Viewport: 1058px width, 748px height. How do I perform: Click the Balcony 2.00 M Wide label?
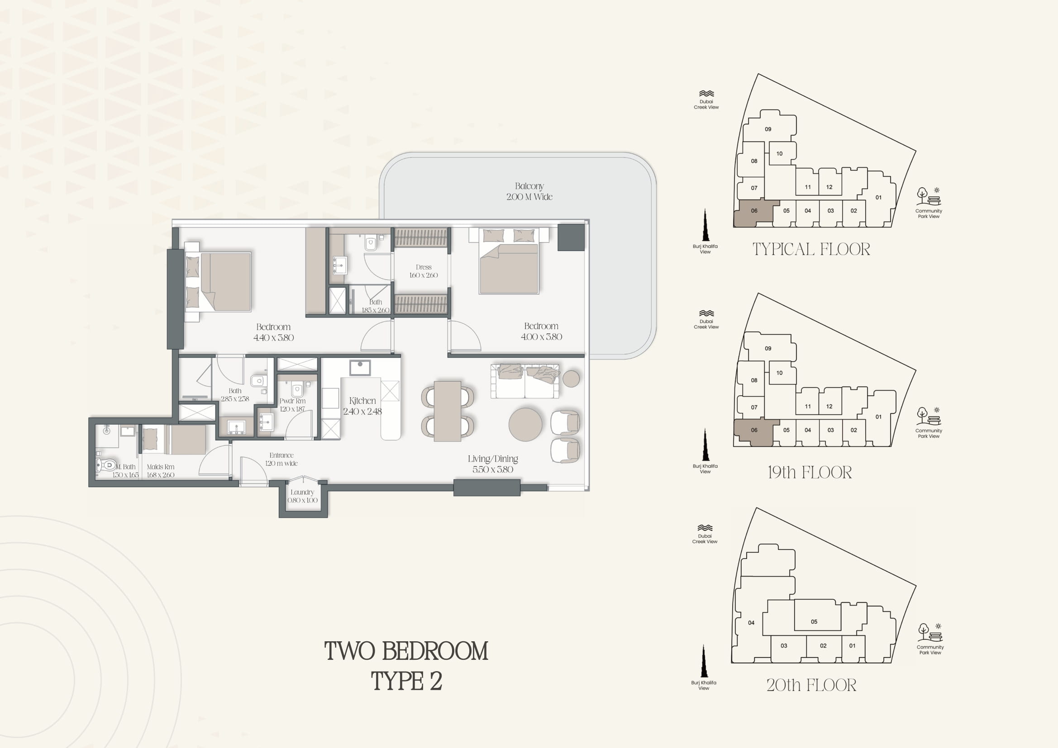coord(529,191)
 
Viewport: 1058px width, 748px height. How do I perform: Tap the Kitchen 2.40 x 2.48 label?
coord(362,406)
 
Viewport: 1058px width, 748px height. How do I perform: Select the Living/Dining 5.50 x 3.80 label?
coord(493,464)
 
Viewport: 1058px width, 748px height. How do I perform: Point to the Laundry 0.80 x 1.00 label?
coord(302,496)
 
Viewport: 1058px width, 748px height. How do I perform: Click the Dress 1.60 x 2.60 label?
coord(424,271)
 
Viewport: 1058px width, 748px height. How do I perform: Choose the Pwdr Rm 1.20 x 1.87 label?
coord(292,405)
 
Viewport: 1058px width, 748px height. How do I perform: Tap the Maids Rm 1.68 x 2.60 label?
coord(160,471)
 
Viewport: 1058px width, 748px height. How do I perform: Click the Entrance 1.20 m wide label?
coord(281,459)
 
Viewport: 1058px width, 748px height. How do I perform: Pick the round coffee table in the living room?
coord(525,424)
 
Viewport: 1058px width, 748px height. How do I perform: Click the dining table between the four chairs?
coord(448,411)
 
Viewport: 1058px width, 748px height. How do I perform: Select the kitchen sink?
coord(360,368)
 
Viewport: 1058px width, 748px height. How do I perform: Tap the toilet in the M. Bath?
coord(105,465)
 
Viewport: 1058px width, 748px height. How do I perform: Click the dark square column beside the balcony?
coord(571,238)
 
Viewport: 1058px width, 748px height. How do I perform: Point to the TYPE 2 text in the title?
coord(406,681)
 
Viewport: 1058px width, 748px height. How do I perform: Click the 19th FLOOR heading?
coord(810,473)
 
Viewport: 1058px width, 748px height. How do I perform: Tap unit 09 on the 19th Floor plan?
coord(768,348)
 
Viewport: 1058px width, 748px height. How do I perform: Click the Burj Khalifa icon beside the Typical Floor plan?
coord(705,225)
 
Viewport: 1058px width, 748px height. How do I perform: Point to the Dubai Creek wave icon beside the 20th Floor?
coord(705,528)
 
